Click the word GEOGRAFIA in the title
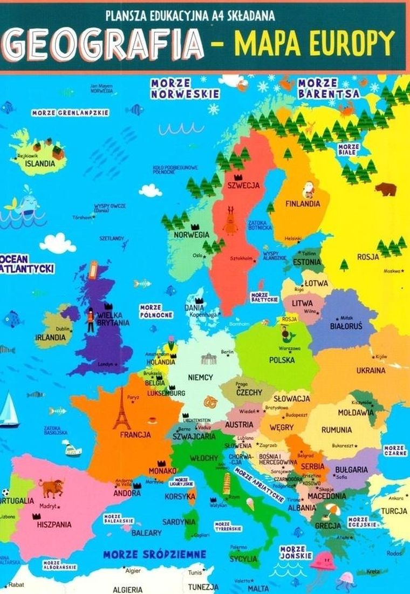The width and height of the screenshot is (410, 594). pyautogui.click(x=105, y=44)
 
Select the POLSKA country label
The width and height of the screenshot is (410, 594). pyautogui.click(x=282, y=359)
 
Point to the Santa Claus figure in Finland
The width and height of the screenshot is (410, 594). pyautogui.click(x=309, y=189)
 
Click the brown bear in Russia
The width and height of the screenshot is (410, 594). pyautogui.click(x=385, y=189)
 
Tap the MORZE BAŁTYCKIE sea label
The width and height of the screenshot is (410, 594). pyautogui.click(x=264, y=297)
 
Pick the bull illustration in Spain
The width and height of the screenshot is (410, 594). pyautogui.click(x=51, y=488)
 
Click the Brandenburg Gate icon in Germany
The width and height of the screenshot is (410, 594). pyautogui.click(x=209, y=359)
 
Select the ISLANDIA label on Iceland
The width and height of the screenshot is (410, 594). pyautogui.click(x=37, y=163)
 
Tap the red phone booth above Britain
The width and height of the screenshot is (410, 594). pyautogui.click(x=93, y=269)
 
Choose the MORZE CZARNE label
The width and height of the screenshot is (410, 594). pyautogui.click(x=395, y=450)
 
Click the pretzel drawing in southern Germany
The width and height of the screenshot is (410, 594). pyautogui.click(x=211, y=402)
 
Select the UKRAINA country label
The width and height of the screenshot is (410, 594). pyautogui.click(x=371, y=371)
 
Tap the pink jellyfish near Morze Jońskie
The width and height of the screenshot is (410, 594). pyautogui.click(x=322, y=563)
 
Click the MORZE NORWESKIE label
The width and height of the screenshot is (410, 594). pyautogui.click(x=185, y=88)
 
